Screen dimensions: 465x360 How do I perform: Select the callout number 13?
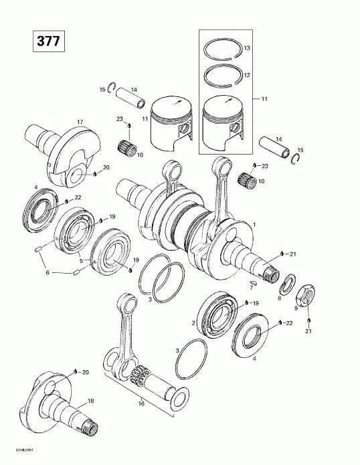(247, 49)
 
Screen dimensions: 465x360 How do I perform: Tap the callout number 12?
(247, 74)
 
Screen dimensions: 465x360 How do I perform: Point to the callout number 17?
(80, 122)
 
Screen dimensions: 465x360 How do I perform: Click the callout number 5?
(80, 260)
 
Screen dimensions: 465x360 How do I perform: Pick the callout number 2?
(193, 323)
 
